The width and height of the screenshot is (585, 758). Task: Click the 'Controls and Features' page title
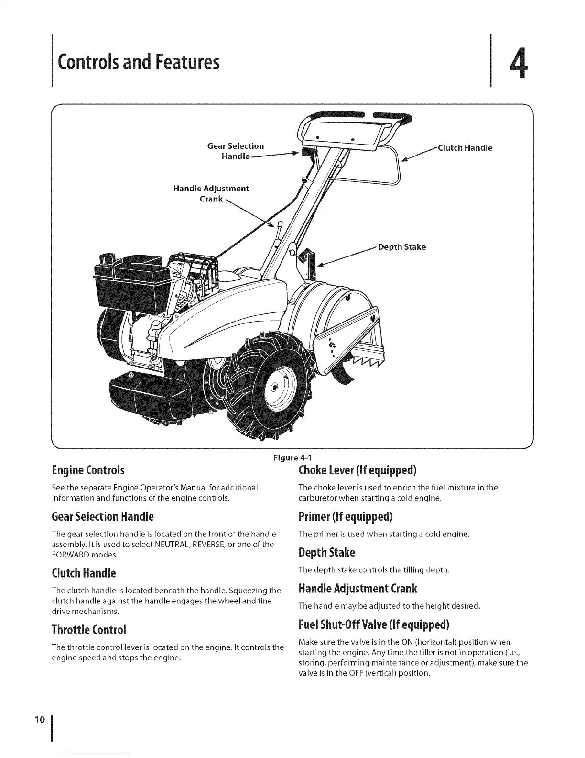(138, 63)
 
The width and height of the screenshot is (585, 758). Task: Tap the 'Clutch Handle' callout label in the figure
(465, 148)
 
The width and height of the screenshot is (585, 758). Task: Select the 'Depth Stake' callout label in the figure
(401, 247)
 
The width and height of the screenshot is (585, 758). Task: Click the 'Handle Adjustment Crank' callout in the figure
(211, 193)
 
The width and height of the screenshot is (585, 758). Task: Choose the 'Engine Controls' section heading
(88, 470)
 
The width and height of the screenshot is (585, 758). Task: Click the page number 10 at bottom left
(40, 719)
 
